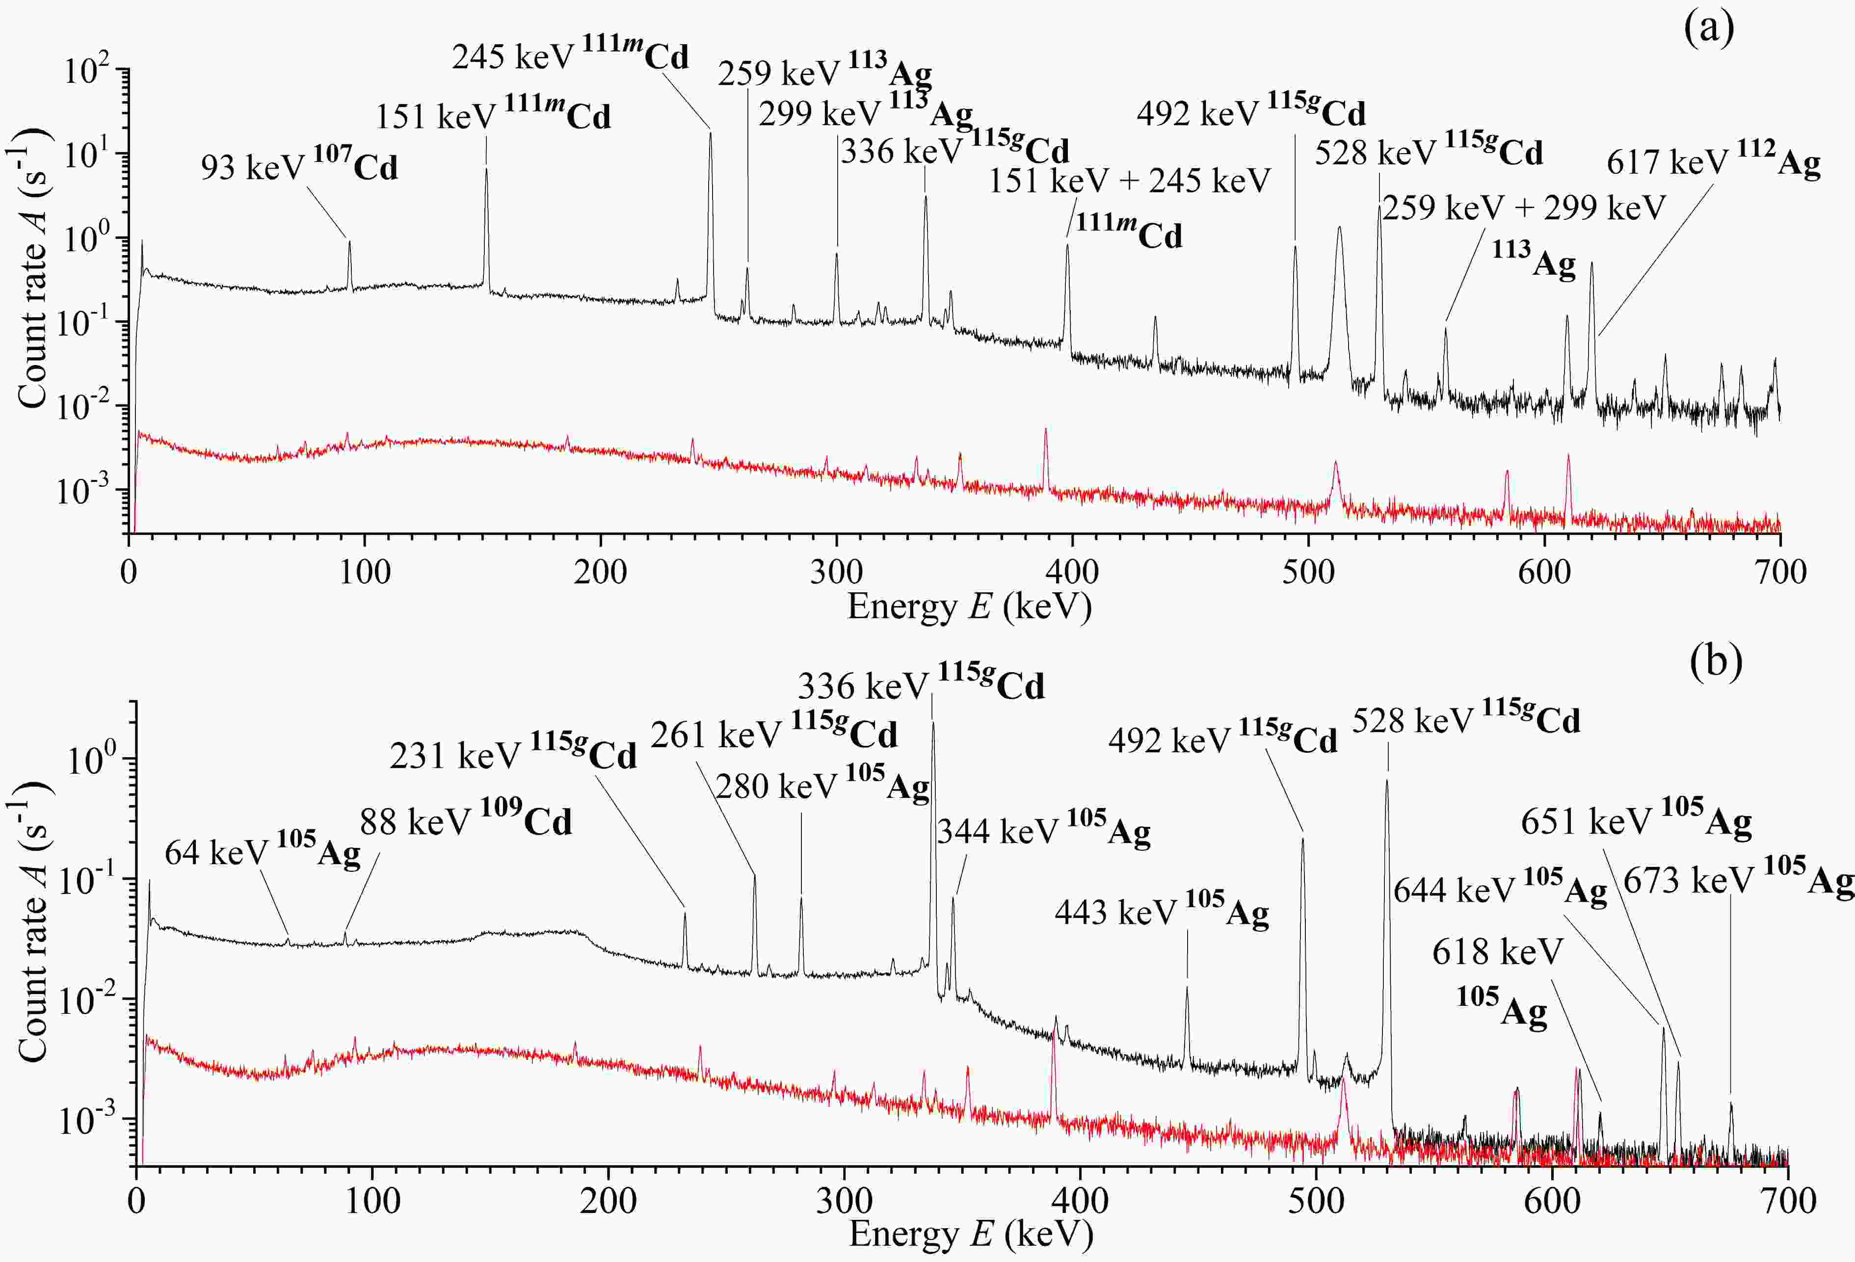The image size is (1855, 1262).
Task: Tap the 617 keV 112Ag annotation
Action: (x=1713, y=163)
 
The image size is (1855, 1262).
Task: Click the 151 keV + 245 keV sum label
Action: (x=1130, y=181)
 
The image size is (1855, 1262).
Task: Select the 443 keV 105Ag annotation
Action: (x=1162, y=912)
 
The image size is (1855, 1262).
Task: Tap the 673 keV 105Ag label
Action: (x=1738, y=880)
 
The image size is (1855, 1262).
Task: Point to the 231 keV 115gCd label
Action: (x=512, y=755)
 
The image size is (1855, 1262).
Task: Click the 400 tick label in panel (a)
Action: (x=1072, y=572)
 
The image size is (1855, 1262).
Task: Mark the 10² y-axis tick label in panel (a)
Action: (x=88, y=71)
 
